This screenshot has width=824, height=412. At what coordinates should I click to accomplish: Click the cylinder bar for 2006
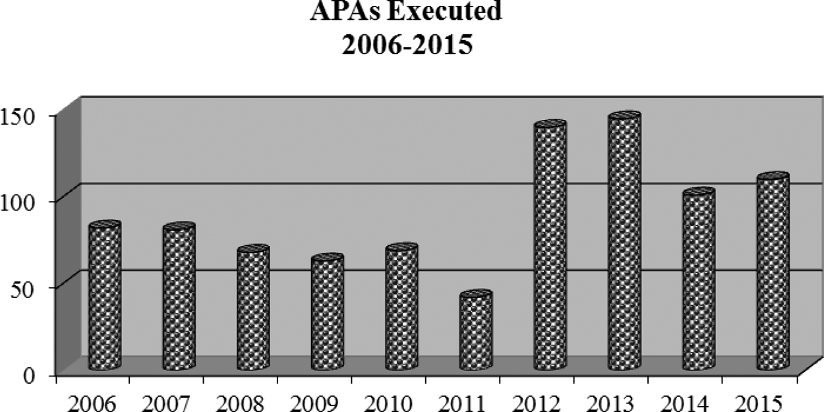(x=104, y=297)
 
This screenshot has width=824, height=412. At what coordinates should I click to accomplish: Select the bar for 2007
(x=179, y=298)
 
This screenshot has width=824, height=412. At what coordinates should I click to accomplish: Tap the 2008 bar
(x=253, y=309)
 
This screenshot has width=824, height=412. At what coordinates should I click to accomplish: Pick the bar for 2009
(x=328, y=313)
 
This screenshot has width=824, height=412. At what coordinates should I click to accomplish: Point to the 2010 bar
(x=401, y=308)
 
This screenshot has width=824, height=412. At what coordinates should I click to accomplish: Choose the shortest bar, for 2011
(x=476, y=331)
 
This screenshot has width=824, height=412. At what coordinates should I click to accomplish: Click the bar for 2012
(x=550, y=247)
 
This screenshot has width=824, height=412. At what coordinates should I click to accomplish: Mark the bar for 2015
(x=773, y=273)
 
